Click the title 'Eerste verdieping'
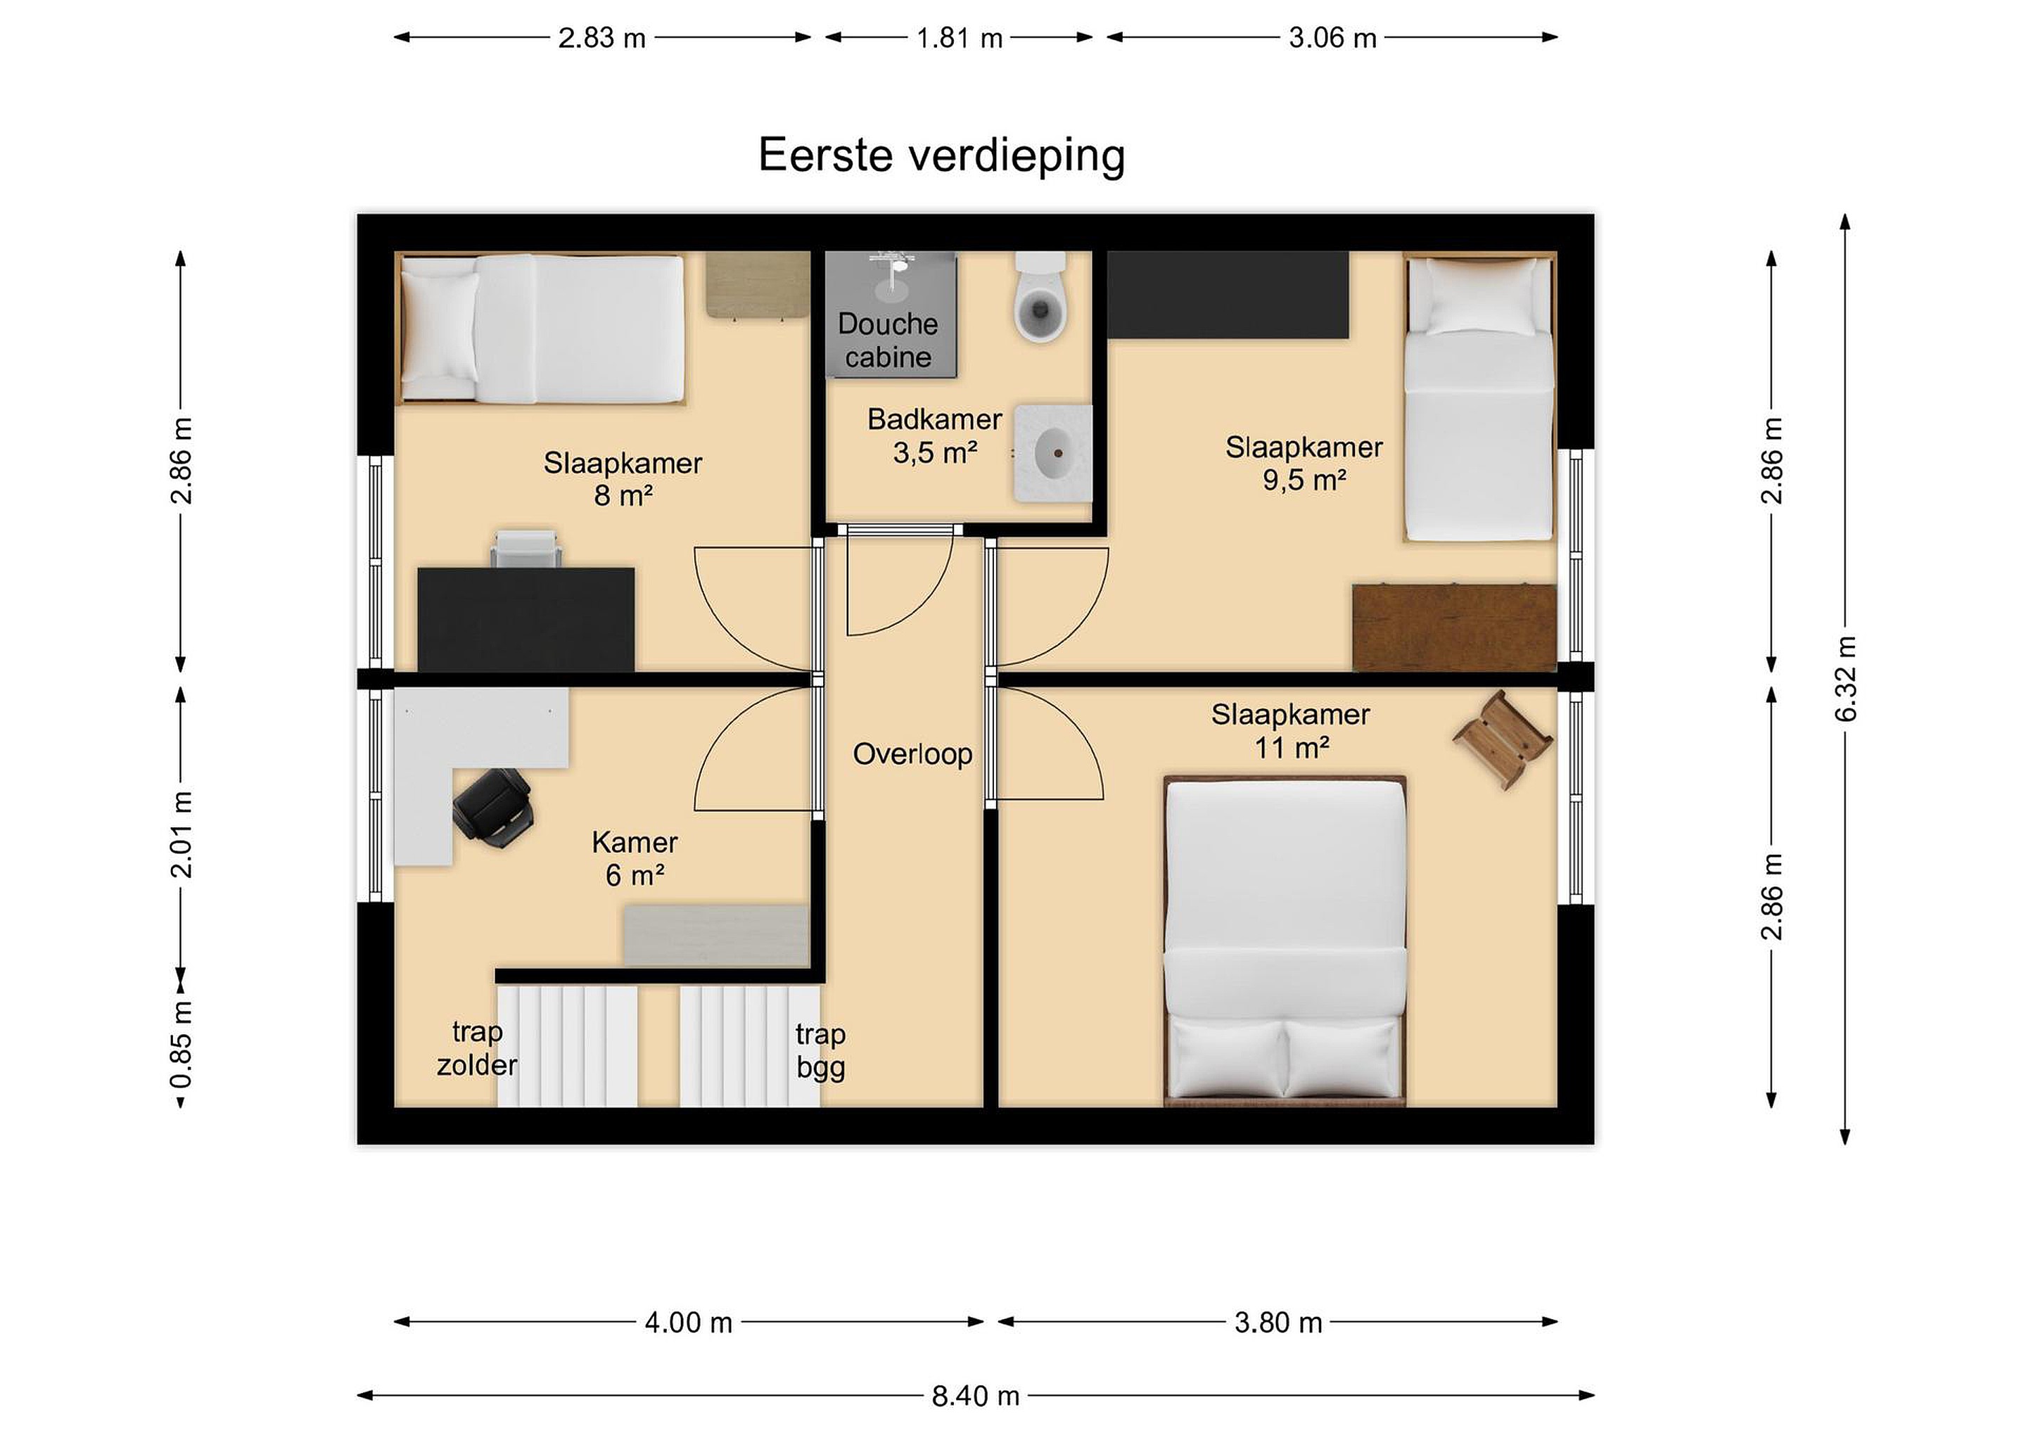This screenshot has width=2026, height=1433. point(941,156)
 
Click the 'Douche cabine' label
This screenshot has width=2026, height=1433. point(888,340)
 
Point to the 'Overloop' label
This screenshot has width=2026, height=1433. point(912,754)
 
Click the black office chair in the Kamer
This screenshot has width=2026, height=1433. point(492,808)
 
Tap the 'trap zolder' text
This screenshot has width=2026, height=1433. point(476,1048)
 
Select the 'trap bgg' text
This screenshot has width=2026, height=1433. point(821,1050)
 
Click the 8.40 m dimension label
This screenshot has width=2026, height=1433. point(976,1395)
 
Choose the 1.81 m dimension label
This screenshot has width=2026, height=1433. point(959,38)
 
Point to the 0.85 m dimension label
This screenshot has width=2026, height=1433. point(181,1045)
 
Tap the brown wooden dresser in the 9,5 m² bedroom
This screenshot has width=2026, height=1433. point(1454,628)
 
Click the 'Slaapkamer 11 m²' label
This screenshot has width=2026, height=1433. point(1290,732)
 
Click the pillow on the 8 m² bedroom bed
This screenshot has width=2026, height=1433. point(438,326)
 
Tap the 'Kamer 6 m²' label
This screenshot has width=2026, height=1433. point(635,858)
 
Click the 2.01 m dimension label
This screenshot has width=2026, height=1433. point(181,834)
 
